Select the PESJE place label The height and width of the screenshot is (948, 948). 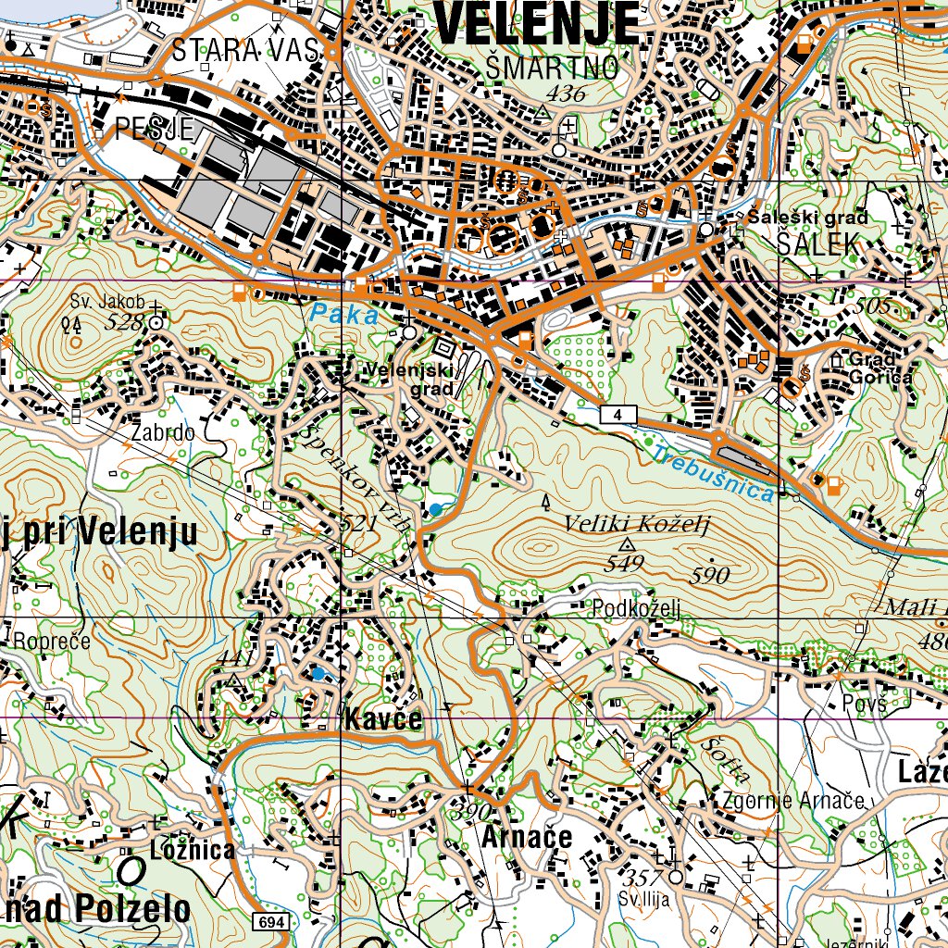click(154, 128)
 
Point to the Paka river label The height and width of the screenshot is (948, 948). click(344, 315)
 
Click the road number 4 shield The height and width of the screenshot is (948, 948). click(617, 414)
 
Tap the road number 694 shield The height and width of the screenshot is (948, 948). click(271, 921)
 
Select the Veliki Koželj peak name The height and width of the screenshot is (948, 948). click(636, 525)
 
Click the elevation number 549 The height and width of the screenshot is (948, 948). click(626, 562)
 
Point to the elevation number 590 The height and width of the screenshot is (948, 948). click(711, 575)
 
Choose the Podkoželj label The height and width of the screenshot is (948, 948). click(637, 608)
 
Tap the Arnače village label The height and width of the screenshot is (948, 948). click(526, 837)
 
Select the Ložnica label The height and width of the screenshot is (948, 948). click(193, 850)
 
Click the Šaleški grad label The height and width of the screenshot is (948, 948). click(808, 218)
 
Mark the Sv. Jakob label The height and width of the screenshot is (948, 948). click(107, 301)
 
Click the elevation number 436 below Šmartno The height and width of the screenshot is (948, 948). click(566, 93)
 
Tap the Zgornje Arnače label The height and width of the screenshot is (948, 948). click(794, 800)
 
